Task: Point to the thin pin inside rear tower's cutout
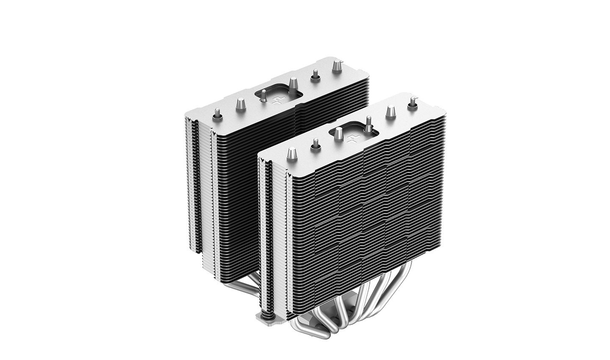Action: click(x=263, y=97)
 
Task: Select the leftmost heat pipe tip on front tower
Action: click(x=292, y=153)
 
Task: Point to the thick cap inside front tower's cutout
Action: click(x=338, y=133)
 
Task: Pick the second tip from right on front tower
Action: click(x=389, y=111)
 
